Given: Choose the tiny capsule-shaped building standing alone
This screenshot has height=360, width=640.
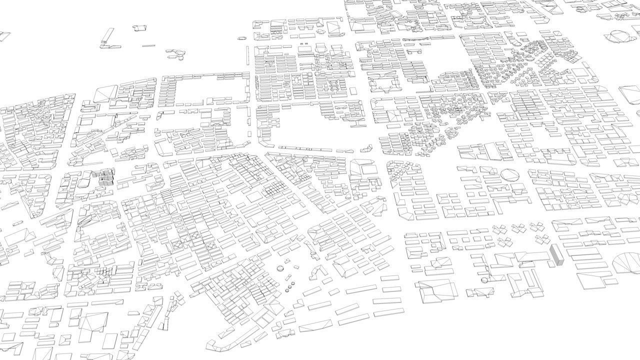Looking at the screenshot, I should tap(242, 37).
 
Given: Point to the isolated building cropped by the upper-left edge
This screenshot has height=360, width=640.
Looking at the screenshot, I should tap(4, 36).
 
